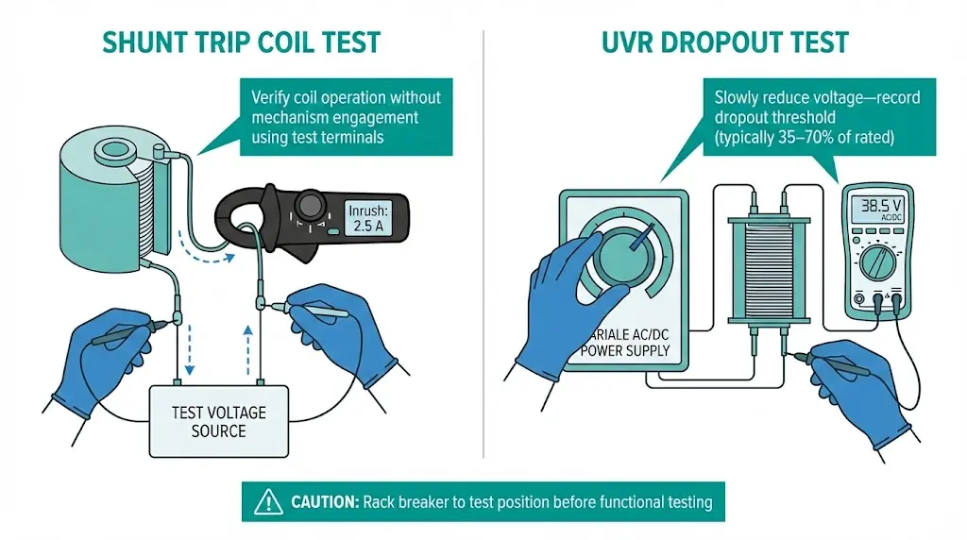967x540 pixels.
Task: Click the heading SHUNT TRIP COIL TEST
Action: (x=242, y=42)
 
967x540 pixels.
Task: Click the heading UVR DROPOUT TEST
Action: (x=724, y=42)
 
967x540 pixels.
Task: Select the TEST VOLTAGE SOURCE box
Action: (x=219, y=421)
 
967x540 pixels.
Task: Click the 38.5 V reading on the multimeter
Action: (x=877, y=206)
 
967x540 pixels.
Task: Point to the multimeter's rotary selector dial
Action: (x=877, y=262)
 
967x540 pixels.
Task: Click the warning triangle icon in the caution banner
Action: (x=267, y=501)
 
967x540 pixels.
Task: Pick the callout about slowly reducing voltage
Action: (x=818, y=118)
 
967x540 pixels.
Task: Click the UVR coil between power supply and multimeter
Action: (x=767, y=274)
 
